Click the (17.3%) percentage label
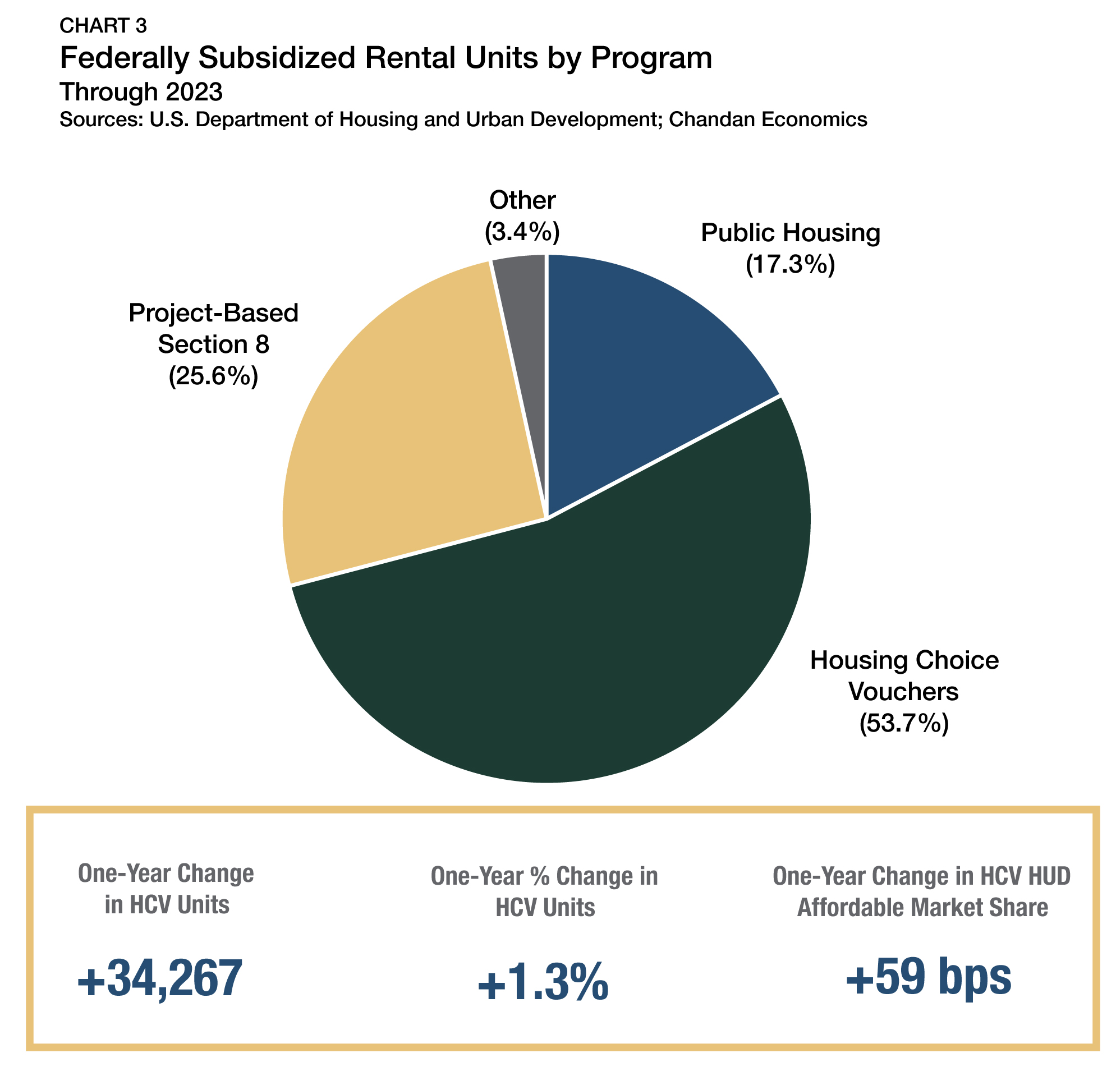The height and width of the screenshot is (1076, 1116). pyautogui.click(x=791, y=265)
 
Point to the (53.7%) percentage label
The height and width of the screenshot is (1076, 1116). pyautogui.click(x=904, y=724)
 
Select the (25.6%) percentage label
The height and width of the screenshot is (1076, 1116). pyautogui.click(x=214, y=376)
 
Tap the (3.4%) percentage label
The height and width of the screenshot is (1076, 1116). pyautogui.click(x=522, y=232)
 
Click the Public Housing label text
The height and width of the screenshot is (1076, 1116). pyautogui.click(x=791, y=233)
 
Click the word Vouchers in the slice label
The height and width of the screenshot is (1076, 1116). pyautogui.click(x=903, y=692)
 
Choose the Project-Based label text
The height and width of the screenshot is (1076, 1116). pyautogui.click(x=214, y=313)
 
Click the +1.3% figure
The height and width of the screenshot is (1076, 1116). pyautogui.click(x=543, y=983)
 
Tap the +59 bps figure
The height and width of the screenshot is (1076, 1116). pyautogui.click(x=928, y=977)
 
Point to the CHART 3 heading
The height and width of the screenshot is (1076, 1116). pyautogui.click(x=103, y=26)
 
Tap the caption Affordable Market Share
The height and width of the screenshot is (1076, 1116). pyautogui.click(x=922, y=908)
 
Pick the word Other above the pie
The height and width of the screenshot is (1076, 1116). pyautogui.click(x=522, y=200)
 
